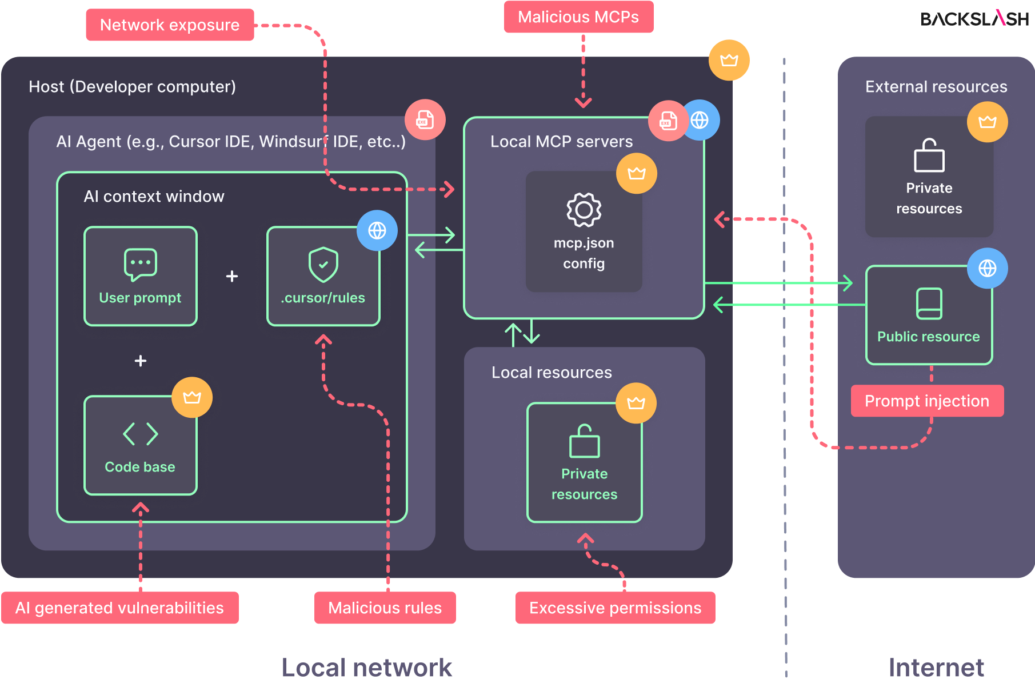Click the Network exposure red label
click(170, 25)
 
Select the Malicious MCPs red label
click(578, 17)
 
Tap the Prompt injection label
click(926, 401)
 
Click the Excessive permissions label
click(615, 608)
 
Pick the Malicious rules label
click(385, 608)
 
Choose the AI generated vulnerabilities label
click(119, 608)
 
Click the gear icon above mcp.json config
click(584, 210)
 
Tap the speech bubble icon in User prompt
click(140, 264)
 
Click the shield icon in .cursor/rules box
click(323, 264)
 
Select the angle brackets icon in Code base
click(140, 434)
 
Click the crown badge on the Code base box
click(192, 397)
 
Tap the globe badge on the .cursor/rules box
click(377, 230)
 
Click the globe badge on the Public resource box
click(987, 268)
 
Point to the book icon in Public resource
click(929, 303)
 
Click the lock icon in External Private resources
click(929, 155)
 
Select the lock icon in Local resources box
click(584, 441)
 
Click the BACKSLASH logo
click(974, 19)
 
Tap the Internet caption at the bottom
click(936, 668)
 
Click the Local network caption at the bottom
click(366, 668)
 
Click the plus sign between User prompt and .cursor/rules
click(231, 276)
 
